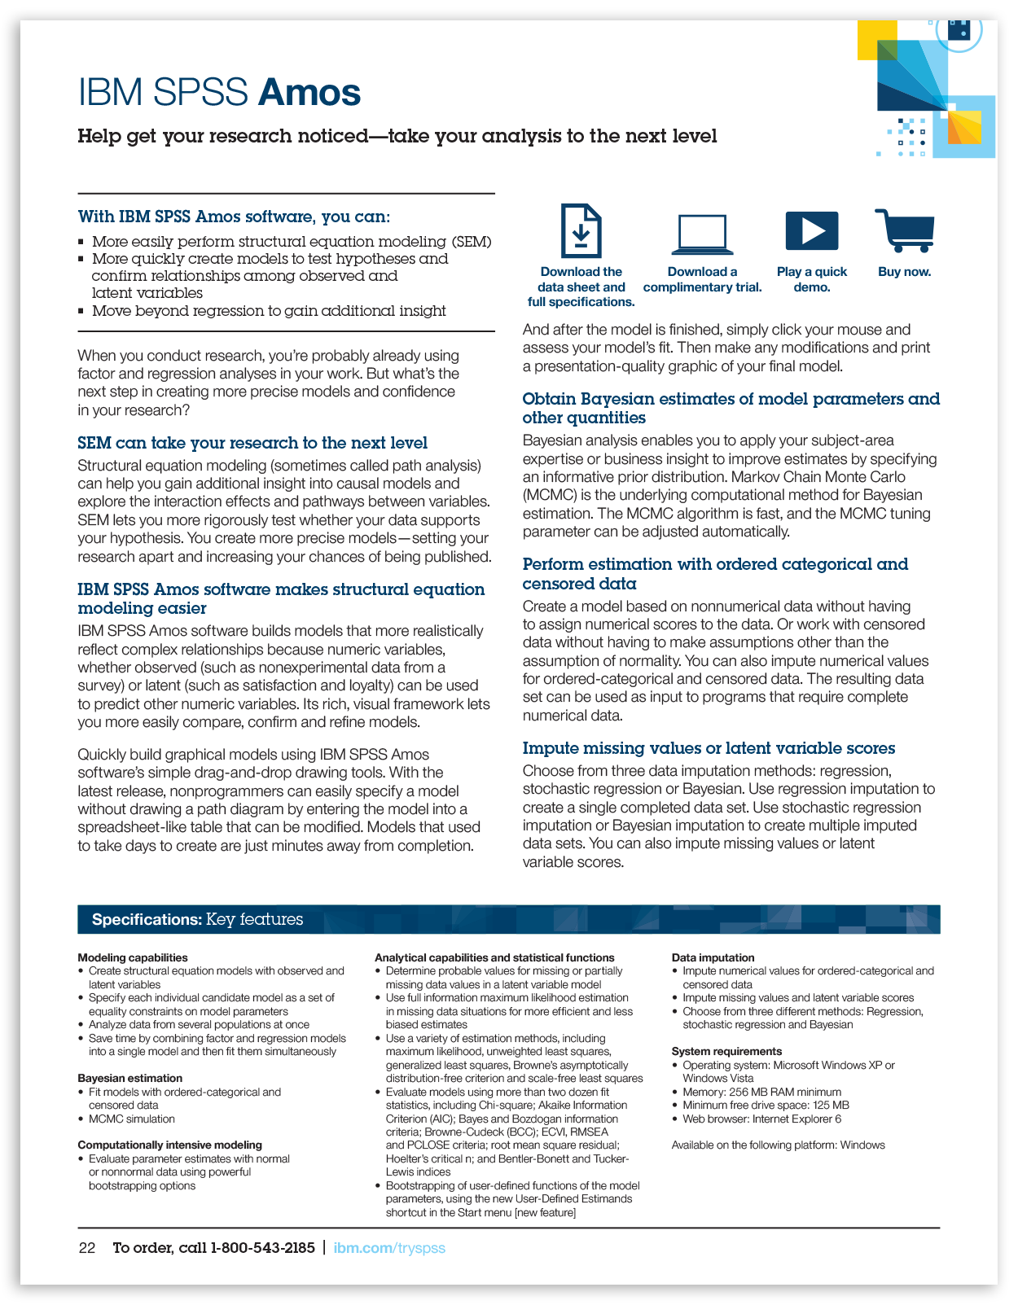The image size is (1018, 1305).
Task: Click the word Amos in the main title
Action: tap(309, 93)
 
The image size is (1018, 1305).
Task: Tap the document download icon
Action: tap(581, 231)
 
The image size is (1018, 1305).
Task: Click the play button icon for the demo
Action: tap(811, 231)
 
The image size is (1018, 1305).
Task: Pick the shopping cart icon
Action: tap(905, 230)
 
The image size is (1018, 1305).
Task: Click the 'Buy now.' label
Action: tap(904, 272)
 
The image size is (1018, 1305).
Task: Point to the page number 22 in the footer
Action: tap(87, 1248)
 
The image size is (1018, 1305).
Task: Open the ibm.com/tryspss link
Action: tap(389, 1248)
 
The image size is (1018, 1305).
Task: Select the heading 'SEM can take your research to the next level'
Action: tap(252, 443)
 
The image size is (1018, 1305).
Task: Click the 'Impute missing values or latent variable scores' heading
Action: tap(709, 748)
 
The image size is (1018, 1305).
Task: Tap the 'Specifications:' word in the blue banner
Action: tap(147, 920)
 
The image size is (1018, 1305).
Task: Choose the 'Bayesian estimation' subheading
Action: tap(130, 1078)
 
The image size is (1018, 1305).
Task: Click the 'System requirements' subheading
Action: tap(726, 1051)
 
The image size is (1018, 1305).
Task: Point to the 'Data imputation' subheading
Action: tap(713, 957)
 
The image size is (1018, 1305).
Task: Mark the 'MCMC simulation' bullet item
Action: tap(131, 1119)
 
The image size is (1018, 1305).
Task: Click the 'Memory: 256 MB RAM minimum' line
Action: tap(761, 1092)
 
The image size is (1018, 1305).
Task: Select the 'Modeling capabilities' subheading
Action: tap(133, 957)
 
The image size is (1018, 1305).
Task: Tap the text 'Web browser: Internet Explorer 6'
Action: tap(761, 1119)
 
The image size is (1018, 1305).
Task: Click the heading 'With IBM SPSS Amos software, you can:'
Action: tap(234, 217)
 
